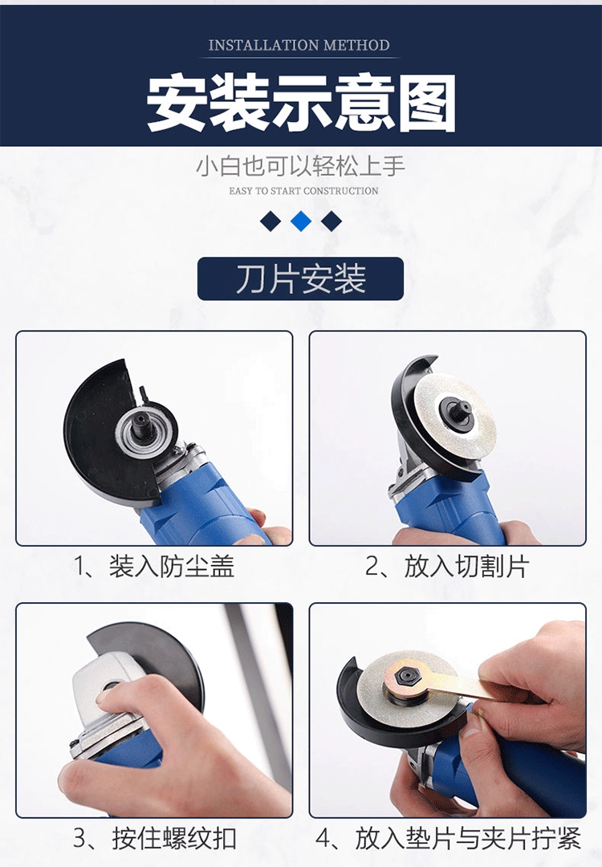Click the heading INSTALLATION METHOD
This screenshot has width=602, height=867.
[x=299, y=45]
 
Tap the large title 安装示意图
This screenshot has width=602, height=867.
[x=301, y=104]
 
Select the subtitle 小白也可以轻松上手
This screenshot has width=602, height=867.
[x=301, y=166]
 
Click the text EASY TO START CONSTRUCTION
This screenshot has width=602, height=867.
[x=303, y=191]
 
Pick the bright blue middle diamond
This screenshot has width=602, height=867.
[x=301, y=222]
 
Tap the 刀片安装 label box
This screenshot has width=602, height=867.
[x=301, y=279]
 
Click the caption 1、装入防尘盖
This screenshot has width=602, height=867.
[x=154, y=566]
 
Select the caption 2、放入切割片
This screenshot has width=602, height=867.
[x=447, y=566]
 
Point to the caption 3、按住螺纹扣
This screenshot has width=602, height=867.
[x=155, y=838]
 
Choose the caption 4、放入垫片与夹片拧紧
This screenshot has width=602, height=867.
[x=449, y=838]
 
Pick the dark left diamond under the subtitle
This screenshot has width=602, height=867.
[x=270, y=222]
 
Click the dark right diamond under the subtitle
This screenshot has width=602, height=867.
[x=332, y=222]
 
